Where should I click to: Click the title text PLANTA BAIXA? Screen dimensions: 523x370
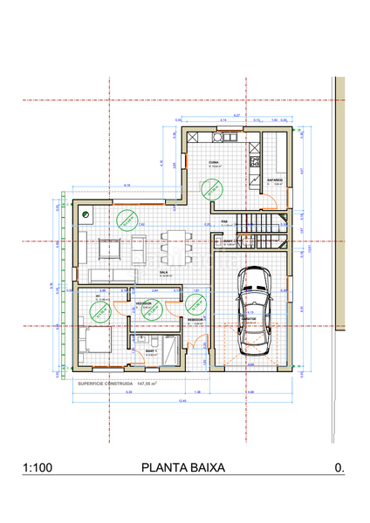pos(182,468)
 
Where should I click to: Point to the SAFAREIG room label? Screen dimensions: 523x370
pos(277,180)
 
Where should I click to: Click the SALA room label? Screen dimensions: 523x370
pos(163,272)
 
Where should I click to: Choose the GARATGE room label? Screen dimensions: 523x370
pos(250,319)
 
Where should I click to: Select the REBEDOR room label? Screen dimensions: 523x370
pos(195,319)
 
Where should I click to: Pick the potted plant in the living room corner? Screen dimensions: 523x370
pos(86,214)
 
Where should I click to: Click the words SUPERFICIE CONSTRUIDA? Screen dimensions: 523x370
pos(106,382)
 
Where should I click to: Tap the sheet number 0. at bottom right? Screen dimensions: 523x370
pos(339,468)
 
